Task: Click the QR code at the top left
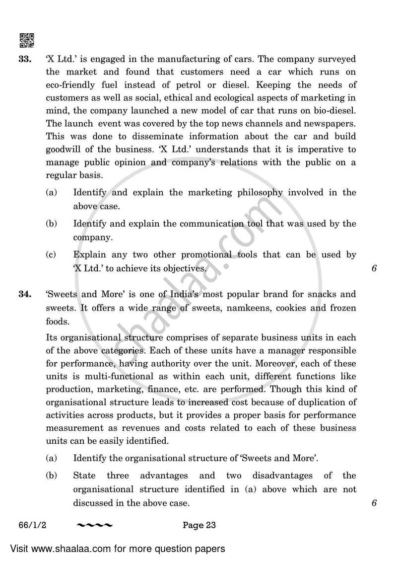(26, 40)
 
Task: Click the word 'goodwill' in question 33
(64, 149)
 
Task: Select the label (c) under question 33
(51, 255)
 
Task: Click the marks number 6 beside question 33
(374, 269)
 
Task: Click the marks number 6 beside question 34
(374, 503)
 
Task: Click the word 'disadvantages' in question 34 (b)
(282, 476)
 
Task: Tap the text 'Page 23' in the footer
(199, 525)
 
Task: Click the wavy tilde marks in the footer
(95, 525)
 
